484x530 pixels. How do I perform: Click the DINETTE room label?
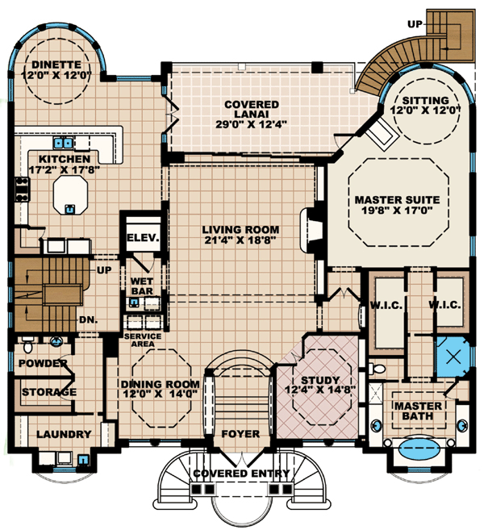pos(56,65)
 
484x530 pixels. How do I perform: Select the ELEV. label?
pos(143,238)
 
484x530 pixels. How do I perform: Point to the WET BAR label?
pos(142,286)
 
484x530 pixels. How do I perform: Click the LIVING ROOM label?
pos(240,230)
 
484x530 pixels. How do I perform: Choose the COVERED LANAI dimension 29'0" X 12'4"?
pos(251,124)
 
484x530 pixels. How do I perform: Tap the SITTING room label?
pos(426,100)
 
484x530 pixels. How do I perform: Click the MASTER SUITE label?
pos(397,200)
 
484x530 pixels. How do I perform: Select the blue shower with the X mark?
pos(453,357)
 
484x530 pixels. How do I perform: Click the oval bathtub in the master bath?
pos(419,449)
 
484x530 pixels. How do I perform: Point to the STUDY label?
pos(320,380)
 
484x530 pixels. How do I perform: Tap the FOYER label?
pos(240,434)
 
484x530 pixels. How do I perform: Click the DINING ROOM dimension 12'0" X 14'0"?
pos(160,394)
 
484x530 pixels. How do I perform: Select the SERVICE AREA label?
pos(143,340)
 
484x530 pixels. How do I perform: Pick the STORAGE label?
pos(49,392)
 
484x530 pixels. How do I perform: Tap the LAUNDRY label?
pos(64,434)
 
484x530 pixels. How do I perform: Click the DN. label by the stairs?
pos(89,319)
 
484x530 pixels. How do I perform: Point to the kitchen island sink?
pos(70,210)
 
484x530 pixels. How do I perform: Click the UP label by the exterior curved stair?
pos(415,24)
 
